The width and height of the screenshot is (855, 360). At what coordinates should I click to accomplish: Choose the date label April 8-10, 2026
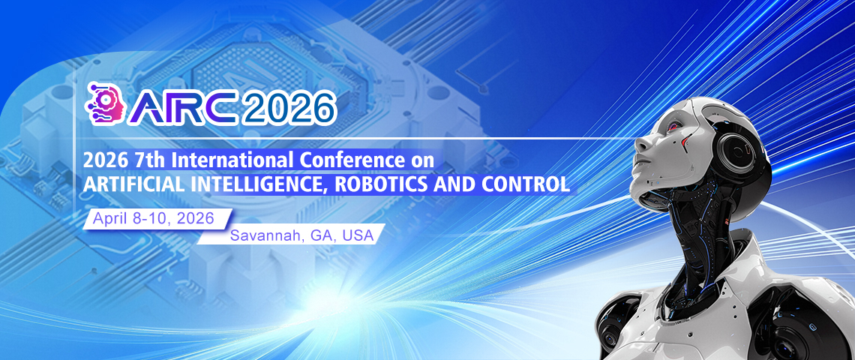coord(152,218)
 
